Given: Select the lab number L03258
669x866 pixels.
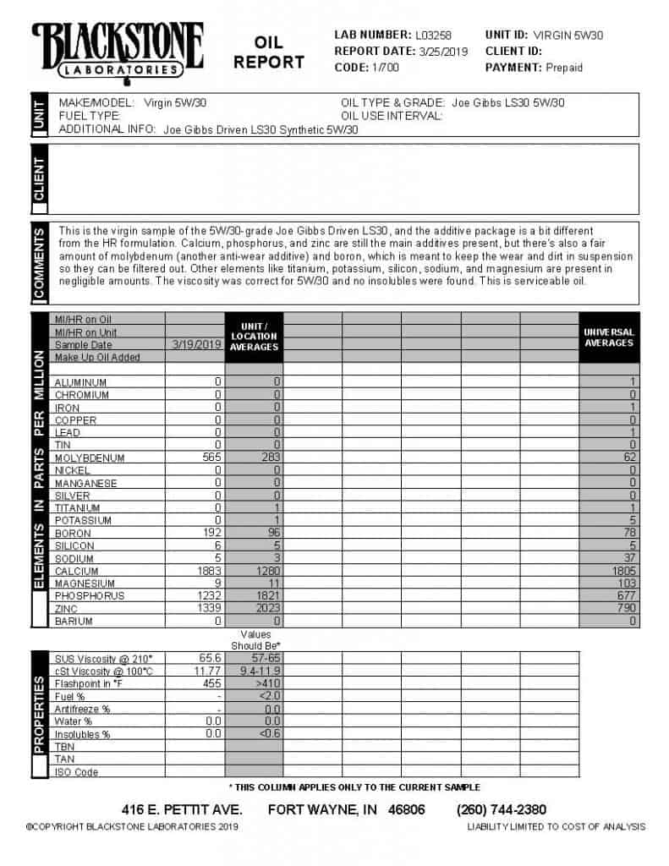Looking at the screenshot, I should click(433, 36).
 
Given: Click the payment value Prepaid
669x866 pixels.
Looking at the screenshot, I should click(564, 67).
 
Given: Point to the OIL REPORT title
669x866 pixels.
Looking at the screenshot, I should click(269, 52).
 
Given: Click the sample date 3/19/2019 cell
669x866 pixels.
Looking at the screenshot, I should click(195, 345).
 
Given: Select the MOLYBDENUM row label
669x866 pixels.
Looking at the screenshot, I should click(90, 458).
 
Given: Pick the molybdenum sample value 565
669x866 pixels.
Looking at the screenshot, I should click(208, 458).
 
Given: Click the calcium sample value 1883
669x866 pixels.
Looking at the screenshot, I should click(206, 571).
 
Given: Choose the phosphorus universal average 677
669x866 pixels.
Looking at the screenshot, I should click(626, 596).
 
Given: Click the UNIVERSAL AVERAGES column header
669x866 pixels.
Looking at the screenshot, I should click(609, 337).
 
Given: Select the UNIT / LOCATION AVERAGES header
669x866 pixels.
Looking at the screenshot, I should click(254, 336).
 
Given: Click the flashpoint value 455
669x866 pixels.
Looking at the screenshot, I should click(210, 683).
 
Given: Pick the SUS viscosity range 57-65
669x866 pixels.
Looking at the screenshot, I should click(255, 658).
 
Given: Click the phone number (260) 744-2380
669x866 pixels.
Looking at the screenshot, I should click(502, 809).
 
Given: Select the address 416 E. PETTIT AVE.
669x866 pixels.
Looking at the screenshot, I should click(182, 809).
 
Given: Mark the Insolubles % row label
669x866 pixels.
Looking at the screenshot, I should click(82, 734).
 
